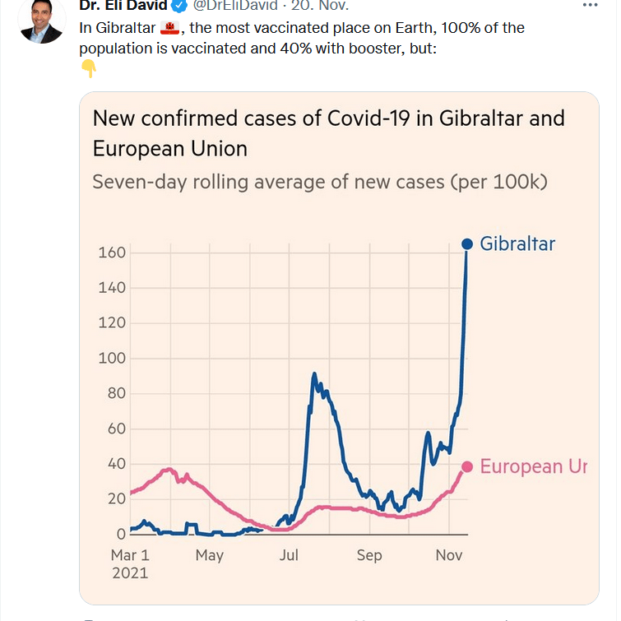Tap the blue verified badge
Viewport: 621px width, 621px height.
pyautogui.click(x=178, y=7)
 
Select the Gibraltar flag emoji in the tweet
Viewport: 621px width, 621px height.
pyautogui.click(x=169, y=29)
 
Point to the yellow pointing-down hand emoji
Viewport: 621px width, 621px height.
pyautogui.click(x=89, y=69)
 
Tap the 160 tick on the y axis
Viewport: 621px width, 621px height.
pyautogui.click(x=112, y=253)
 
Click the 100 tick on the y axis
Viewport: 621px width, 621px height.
pyautogui.click(x=112, y=359)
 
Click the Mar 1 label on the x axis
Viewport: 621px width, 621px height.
pyautogui.click(x=130, y=556)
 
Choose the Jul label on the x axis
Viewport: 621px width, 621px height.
pyautogui.click(x=289, y=556)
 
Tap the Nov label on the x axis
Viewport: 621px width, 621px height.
pyautogui.click(x=449, y=556)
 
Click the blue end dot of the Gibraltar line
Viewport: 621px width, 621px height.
pyautogui.click(x=466, y=243)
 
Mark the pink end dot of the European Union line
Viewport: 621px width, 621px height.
pyautogui.click(x=466, y=466)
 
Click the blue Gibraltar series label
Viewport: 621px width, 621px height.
pyautogui.click(x=517, y=243)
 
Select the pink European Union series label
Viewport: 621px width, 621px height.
pyautogui.click(x=533, y=466)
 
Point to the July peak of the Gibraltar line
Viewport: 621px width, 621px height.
pyautogui.click(x=314, y=375)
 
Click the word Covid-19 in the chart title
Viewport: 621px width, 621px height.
pyautogui.click(x=368, y=118)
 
